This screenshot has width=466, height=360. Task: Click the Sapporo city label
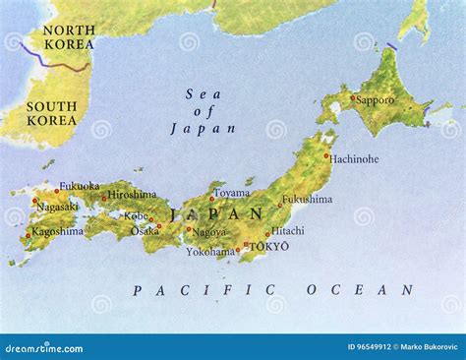pyautogui.click(x=376, y=100)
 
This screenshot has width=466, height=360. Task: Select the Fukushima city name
pyautogui.click(x=308, y=200)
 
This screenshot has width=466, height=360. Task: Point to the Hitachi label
pyautogui.click(x=289, y=231)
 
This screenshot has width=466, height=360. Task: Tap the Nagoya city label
pyautogui.click(x=208, y=233)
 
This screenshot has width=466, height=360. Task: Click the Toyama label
pyautogui.click(x=232, y=194)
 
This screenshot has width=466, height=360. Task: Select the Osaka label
pyautogui.click(x=146, y=231)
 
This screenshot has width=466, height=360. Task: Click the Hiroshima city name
pyautogui.click(x=132, y=195)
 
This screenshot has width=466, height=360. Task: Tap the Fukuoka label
pyautogui.click(x=79, y=186)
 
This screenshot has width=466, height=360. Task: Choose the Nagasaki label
pyautogui.click(x=56, y=209)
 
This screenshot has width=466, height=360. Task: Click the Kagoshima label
pyautogui.click(x=56, y=232)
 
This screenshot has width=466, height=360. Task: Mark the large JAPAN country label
pyautogui.click(x=218, y=213)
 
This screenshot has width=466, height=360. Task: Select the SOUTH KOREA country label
pyautogui.click(x=51, y=113)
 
